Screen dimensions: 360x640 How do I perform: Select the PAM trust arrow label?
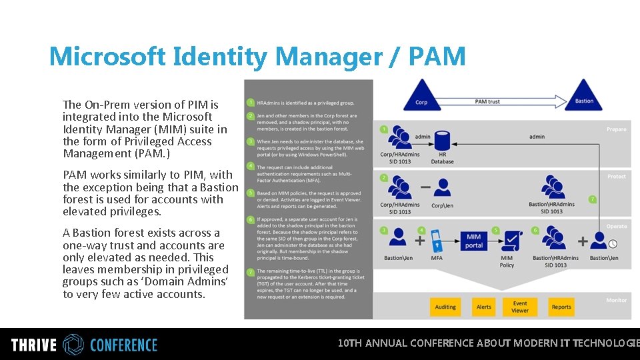point(487,101)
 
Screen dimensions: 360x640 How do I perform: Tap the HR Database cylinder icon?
point(441,142)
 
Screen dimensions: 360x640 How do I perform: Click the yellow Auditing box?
point(445,307)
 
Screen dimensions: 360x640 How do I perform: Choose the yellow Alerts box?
point(484,307)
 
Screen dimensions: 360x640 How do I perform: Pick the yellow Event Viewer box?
point(520,307)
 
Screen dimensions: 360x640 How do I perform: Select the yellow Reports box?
point(561,307)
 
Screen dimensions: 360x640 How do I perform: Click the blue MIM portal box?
point(474,241)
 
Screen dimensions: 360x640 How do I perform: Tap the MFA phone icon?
point(437,240)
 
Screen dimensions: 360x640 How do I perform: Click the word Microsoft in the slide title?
point(107,57)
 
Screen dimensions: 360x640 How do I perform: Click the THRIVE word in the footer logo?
point(33,345)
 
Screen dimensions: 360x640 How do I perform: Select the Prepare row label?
point(616,129)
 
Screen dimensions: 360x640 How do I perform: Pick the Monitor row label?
point(616,301)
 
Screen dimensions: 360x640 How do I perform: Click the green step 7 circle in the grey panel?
point(250,272)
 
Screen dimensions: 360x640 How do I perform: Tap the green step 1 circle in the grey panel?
point(250,103)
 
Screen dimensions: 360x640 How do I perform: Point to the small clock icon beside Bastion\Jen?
point(613,244)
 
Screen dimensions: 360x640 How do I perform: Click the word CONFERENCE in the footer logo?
point(123,345)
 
